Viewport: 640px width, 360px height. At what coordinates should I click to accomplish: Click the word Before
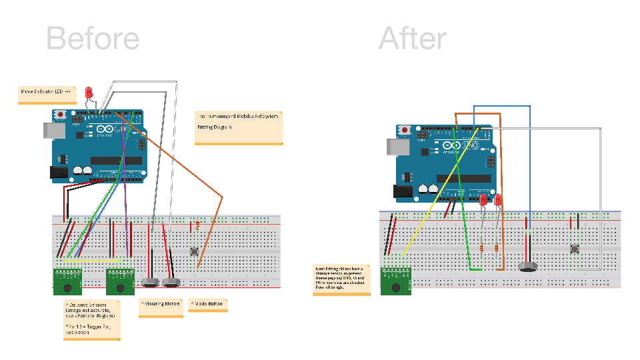click(x=93, y=39)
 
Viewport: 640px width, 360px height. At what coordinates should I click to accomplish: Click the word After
click(x=412, y=39)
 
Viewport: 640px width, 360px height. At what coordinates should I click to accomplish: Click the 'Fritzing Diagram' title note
click(x=239, y=127)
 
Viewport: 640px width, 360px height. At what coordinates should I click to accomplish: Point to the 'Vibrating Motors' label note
click(x=161, y=307)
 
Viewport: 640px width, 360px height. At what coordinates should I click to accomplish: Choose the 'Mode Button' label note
click(x=208, y=305)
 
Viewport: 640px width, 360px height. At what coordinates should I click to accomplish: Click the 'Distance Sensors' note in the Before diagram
click(x=91, y=319)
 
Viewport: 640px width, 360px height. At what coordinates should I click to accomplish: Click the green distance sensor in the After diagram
click(x=395, y=281)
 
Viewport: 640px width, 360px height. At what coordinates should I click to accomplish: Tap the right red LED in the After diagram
click(x=497, y=199)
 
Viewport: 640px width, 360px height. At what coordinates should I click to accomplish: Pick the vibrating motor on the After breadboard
click(x=528, y=267)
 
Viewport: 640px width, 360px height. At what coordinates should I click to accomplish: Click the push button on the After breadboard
click(x=575, y=249)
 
